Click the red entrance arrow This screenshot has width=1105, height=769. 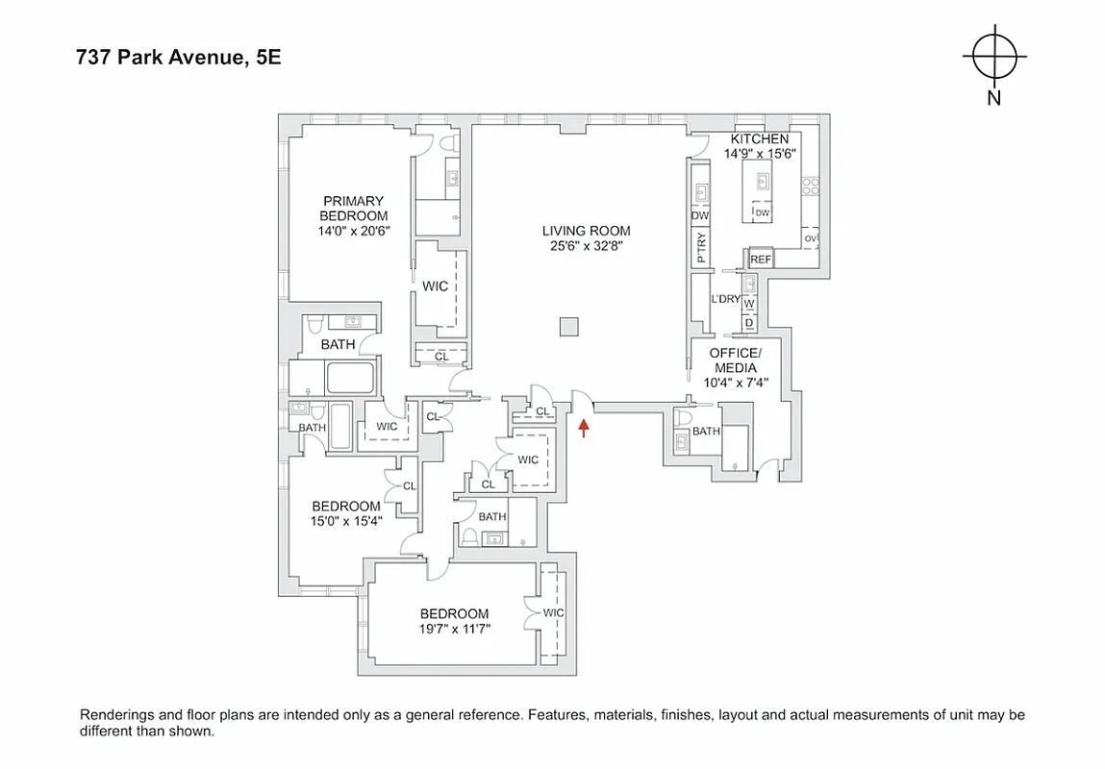pyautogui.click(x=582, y=426)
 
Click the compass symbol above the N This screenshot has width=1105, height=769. pyautogui.click(x=993, y=56)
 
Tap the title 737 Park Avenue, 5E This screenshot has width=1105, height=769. pyautogui.click(x=179, y=58)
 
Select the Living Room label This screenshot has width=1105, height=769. pyautogui.click(x=586, y=231)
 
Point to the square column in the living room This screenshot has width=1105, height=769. pyautogui.click(x=569, y=326)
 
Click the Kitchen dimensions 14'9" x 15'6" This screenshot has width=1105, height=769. pyautogui.click(x=759, y=154)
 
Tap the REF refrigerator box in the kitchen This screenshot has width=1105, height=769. pyautogui.click(x=761, y=260)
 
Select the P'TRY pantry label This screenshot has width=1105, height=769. pyautogui.click(x=700, y=248)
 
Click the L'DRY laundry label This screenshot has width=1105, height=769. pyautogui.click(x=725, y=299)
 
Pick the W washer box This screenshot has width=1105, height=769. pyautogui.click(x=749, y=304)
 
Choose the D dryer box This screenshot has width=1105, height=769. pyautogui.click(x=749, y=323)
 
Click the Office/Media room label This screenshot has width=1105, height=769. pyautogui.click(x=734, y=360)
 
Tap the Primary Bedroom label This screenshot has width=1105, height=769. pyautogui.click(x=353, y=209)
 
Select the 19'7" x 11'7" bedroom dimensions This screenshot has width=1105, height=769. pyautogui.click(x=454, y=630)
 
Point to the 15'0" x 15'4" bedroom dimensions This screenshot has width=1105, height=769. pyautogui.click(x=345, y=522)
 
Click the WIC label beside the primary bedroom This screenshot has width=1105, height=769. pyautogui.click(x=435, y=286)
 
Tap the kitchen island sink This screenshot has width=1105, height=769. pyautogui.click(x=763, y=180)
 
